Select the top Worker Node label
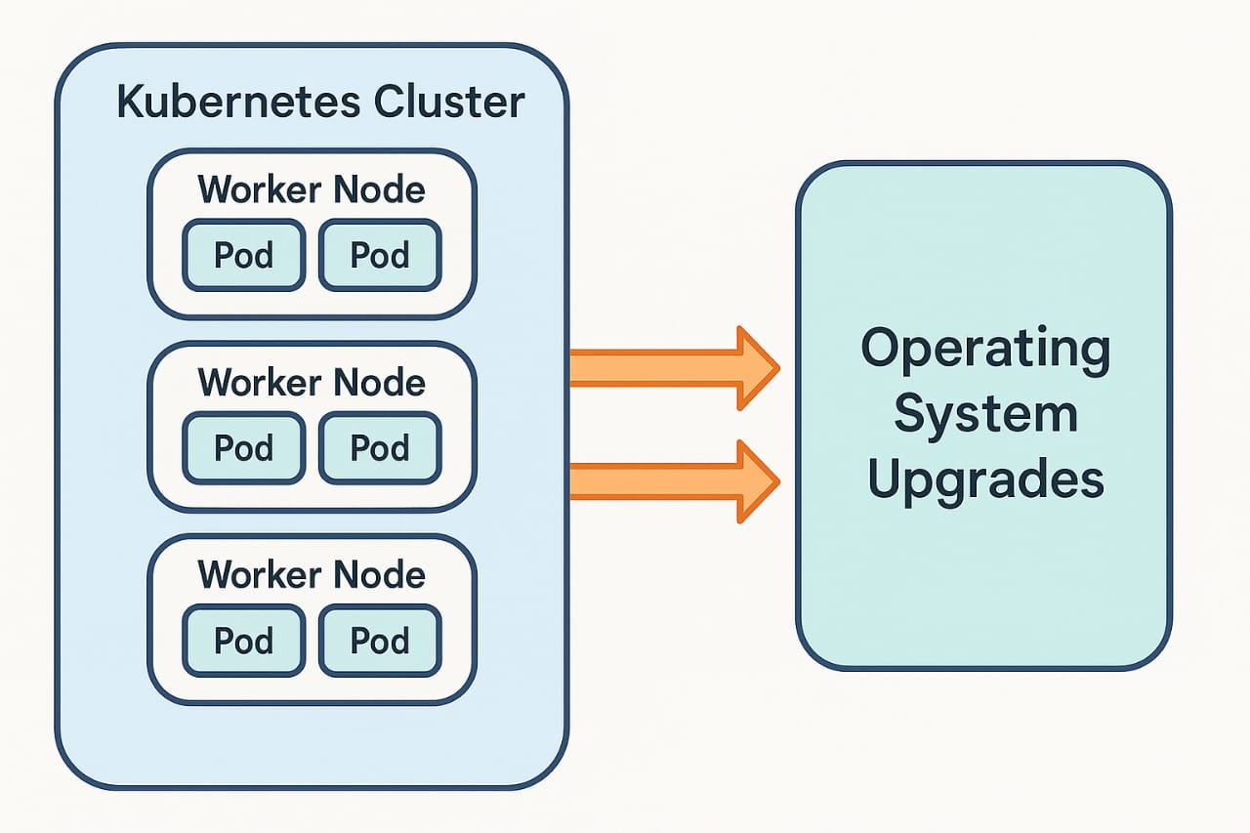pos(312,189)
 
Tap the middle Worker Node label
pos(312,382)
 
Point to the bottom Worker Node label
pos(312,574)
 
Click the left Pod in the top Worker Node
pos(243,255)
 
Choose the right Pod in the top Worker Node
pos(380,255)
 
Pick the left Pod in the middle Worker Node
pos(243,447)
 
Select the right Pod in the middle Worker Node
pos(380,447)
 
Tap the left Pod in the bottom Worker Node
pos(243,641)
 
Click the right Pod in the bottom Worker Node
pos(380,641)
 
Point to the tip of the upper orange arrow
pos(777,368)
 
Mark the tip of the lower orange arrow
pos(777,481)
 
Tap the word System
pos(984,414)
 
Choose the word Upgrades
pos(984,479)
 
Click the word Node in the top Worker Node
pos(378,189)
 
